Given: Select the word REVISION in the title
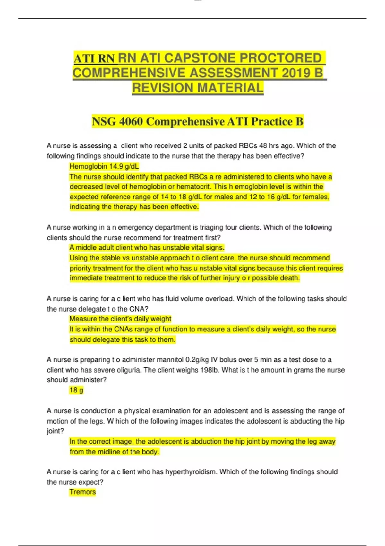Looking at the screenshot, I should tap(162, 88).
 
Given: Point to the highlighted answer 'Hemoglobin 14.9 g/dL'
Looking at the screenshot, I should tap(104, 166).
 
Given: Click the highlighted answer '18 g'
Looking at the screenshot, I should tap(76, 390).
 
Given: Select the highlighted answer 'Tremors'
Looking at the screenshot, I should tap(82, 492).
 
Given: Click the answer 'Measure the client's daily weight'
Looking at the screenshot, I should tap(120, 319).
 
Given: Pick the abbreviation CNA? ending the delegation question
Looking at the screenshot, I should tap(139, 309).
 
